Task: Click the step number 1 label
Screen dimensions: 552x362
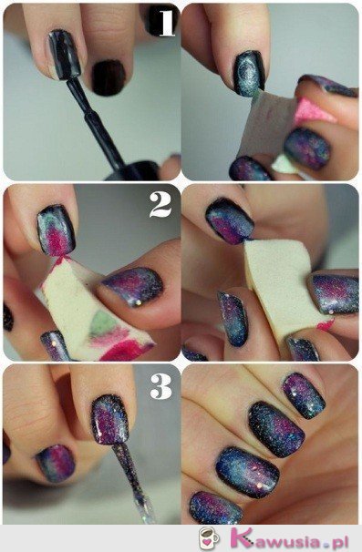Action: click(165, 21)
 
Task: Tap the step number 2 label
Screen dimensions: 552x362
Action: click(160, 204)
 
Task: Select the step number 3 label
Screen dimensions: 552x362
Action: click(160, 385)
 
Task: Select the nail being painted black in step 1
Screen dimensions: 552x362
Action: click(65, 55)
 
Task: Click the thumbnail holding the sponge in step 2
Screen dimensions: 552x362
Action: click(131, 286)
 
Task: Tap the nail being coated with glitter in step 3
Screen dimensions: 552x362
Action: click(109, 418)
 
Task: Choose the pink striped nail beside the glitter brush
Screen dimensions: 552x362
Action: click(56, 462)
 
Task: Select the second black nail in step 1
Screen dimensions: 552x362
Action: click(109, 77)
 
